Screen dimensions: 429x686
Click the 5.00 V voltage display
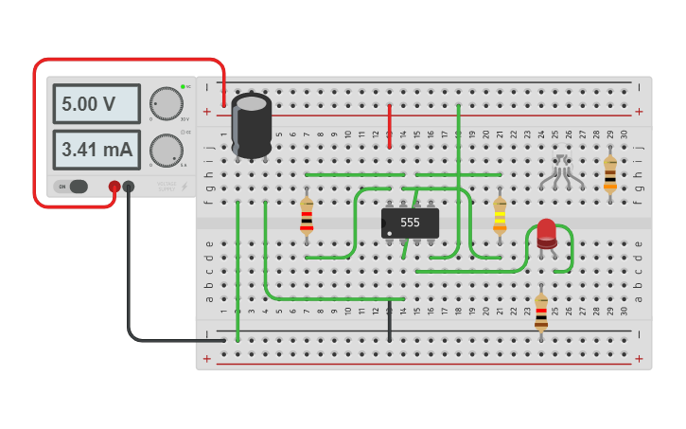click(96, 104)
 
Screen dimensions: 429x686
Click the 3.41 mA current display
click(96, 150)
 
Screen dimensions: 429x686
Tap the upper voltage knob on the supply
click(167, 104)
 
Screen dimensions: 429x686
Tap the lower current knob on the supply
click(167, 150)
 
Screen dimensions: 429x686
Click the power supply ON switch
click(73, 187)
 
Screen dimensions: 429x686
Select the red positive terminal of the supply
click(114, 187)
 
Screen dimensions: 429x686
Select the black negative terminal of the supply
click(129, 187)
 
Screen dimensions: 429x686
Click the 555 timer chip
click(410, 223)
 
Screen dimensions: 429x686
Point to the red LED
click(547, 233)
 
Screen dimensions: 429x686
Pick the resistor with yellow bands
click(500, 216)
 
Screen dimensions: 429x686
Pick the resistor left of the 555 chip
click(307, 216)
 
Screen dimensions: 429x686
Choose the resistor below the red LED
click(541, 312)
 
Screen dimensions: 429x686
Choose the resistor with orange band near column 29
click(610, 173)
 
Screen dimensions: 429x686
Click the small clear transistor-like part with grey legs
click(562, 171)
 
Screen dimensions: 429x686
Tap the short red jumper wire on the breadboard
click(389, 125)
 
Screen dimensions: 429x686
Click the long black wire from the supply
click(130, 284)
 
